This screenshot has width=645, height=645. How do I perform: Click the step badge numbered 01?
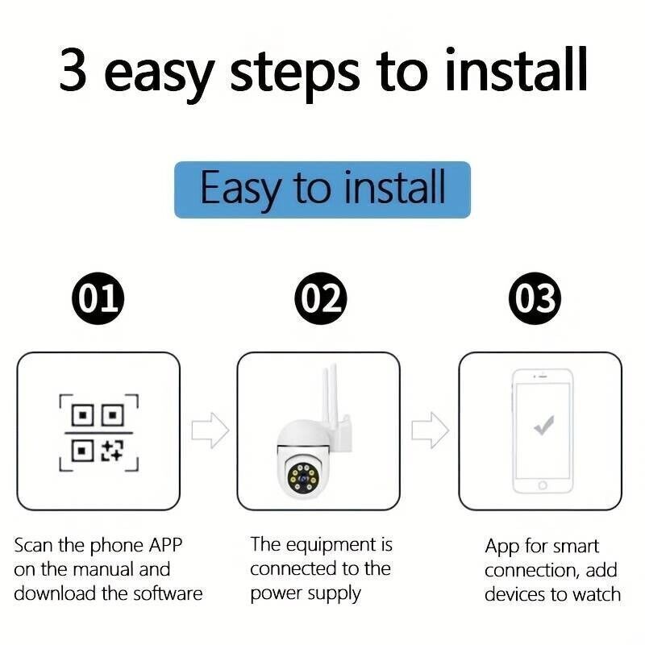point(98,298)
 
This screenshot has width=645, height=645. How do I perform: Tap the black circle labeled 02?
point(321,298)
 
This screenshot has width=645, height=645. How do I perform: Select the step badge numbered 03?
point(535,298)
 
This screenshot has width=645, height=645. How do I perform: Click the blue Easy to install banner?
point(322,189)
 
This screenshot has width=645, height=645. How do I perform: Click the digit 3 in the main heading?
point(73,70)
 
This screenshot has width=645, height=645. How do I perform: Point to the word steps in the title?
point(294,75)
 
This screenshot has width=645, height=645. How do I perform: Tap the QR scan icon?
point(98,433)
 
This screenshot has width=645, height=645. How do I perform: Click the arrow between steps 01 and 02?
point(210,431)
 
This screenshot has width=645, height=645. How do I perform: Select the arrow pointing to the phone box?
point(431,431)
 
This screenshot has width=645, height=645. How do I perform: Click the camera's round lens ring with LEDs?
point(302,479)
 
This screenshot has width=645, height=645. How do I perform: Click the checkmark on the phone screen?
point(543,425)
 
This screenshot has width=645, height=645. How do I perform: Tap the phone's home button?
point(543,485)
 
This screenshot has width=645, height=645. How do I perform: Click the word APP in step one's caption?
point(165,546)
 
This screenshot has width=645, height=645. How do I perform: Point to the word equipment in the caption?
point(331,547)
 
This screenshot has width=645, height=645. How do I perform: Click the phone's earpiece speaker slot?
point(543,376)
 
